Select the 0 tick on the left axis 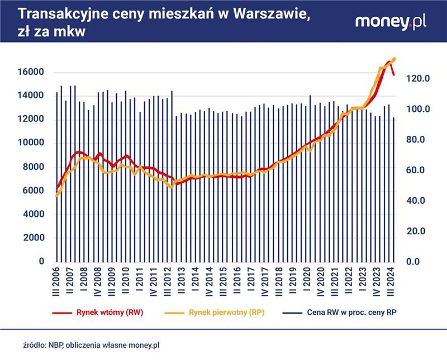click(41, 262)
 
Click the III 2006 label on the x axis click(56, 282)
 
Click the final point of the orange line click(394, 59)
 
